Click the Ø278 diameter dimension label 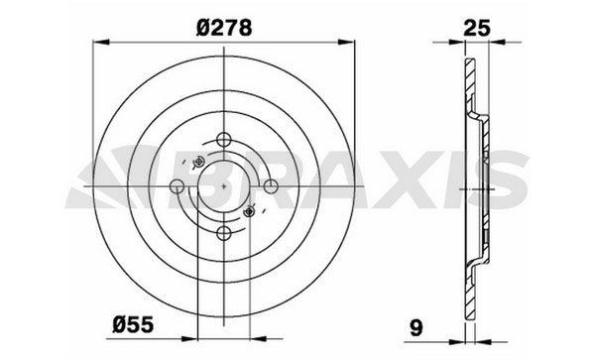pyautogui.click(x=225, y=30)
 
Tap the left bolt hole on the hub pyautogui.click(x=178, y=185)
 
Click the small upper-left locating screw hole pyautogui.click(x=197, y=163)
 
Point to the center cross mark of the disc pyautogui.click(x=225, y=185)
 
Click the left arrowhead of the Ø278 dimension pyautogui.click(x=99, y=43)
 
